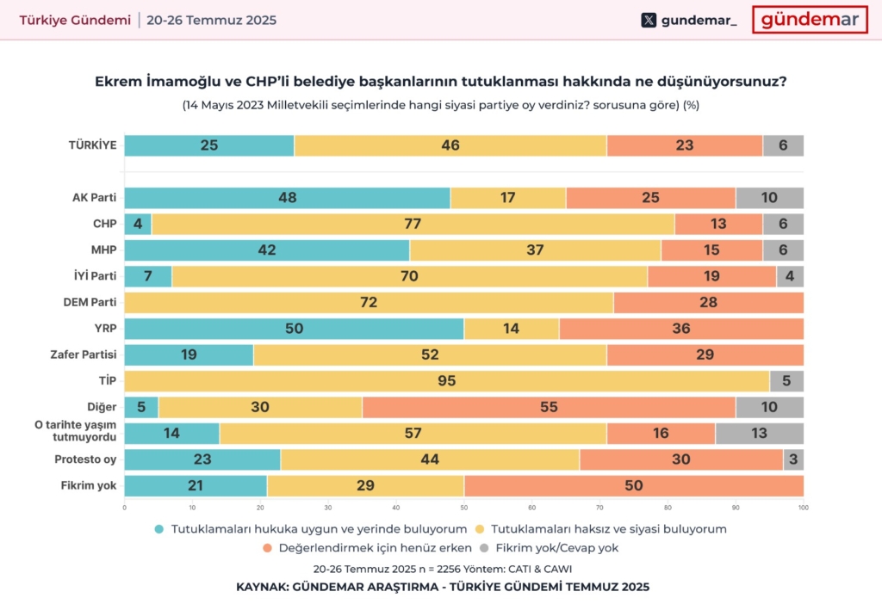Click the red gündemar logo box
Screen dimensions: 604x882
(x=809, y=20)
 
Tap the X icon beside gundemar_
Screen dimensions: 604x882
(x=649, y=20)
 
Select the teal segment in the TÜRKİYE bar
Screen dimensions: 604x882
(x=209, y=145)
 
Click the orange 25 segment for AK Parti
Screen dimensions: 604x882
(x=650, y=198)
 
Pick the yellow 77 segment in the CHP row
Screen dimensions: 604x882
(x=413, y=224)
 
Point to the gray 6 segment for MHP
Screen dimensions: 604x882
(x=782, y=250)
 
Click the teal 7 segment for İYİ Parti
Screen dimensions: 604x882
(x=148, y=276)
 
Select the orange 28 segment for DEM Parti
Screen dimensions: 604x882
(x=707, y=303)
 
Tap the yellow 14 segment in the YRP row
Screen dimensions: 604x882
(x=511, y=329)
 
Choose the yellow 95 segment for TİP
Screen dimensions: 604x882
(x=447, y=381)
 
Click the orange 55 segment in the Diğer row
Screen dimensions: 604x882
(x=549, y=407)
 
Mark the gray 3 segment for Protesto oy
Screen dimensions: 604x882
(x=792, y=459)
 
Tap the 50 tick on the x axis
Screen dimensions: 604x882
(x=463, y=507)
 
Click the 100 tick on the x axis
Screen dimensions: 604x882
(x=803, y=507)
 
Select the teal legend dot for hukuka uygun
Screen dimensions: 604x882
(x=159, y=529)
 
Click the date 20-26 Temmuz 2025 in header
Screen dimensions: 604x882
(x=211, y=20)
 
